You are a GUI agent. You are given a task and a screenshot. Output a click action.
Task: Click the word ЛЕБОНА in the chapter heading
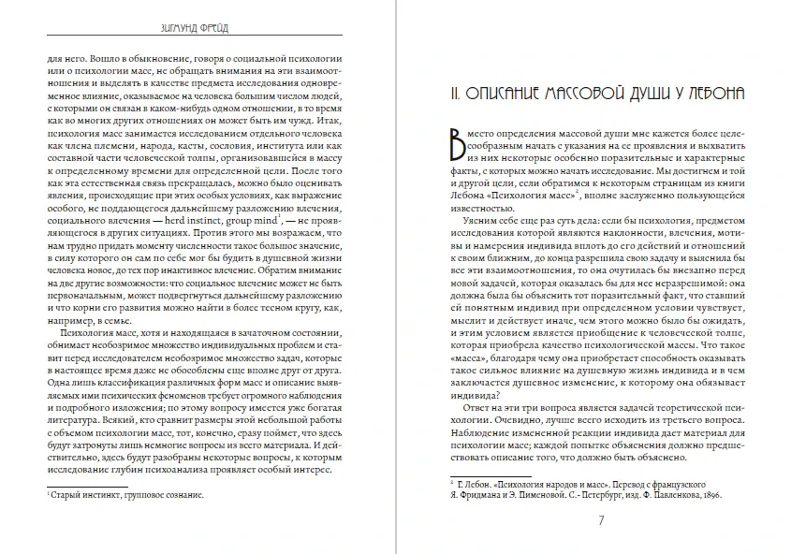[712, 94]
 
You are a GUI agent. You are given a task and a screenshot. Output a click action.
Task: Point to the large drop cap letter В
[457, 151]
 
